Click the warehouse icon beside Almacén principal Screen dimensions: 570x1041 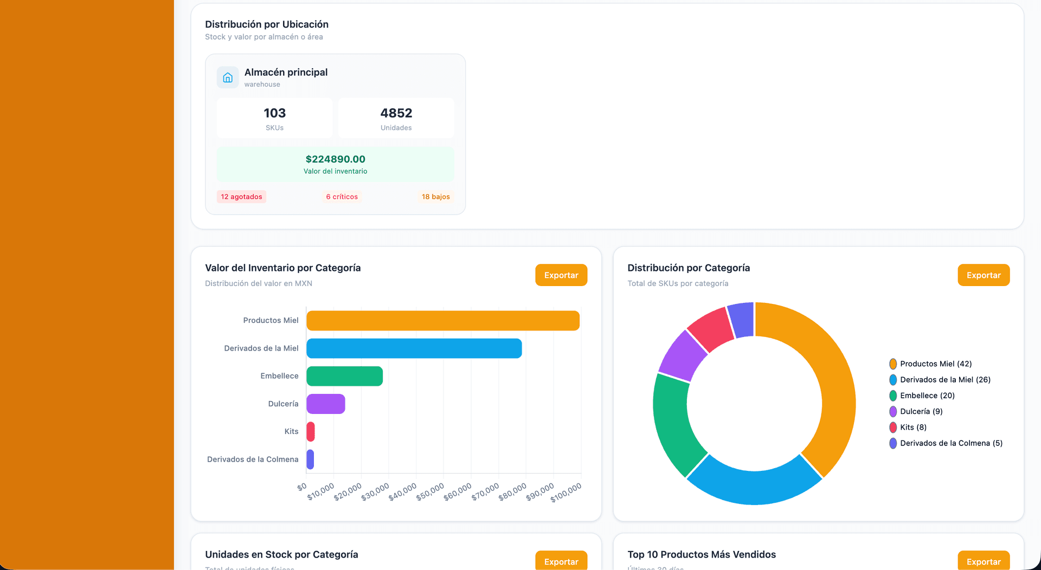coord(228,77)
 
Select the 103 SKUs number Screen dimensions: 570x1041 coord(274,113)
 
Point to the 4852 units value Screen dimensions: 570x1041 coord(396,113)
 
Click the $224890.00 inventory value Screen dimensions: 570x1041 coord(335,159)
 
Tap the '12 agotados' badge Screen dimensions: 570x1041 coord(241,197)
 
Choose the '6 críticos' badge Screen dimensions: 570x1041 coord(342,197)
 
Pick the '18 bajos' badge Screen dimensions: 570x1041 coord(435,197)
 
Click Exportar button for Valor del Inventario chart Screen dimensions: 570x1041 coord(561,275)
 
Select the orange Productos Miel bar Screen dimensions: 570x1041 coord(442,321)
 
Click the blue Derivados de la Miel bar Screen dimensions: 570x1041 coord(414,348)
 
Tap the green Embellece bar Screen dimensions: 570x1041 coord(344,376)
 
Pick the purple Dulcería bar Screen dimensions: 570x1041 coord(325,404)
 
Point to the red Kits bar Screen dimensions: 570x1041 coord(311,432)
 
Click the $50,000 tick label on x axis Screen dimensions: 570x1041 coord(430,491)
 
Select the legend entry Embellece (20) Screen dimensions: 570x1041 coord(927,396)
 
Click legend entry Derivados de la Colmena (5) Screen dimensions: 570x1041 coord(950,443)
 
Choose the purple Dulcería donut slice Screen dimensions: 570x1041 coord(682,356)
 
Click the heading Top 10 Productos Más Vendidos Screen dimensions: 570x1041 coord(702,554)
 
